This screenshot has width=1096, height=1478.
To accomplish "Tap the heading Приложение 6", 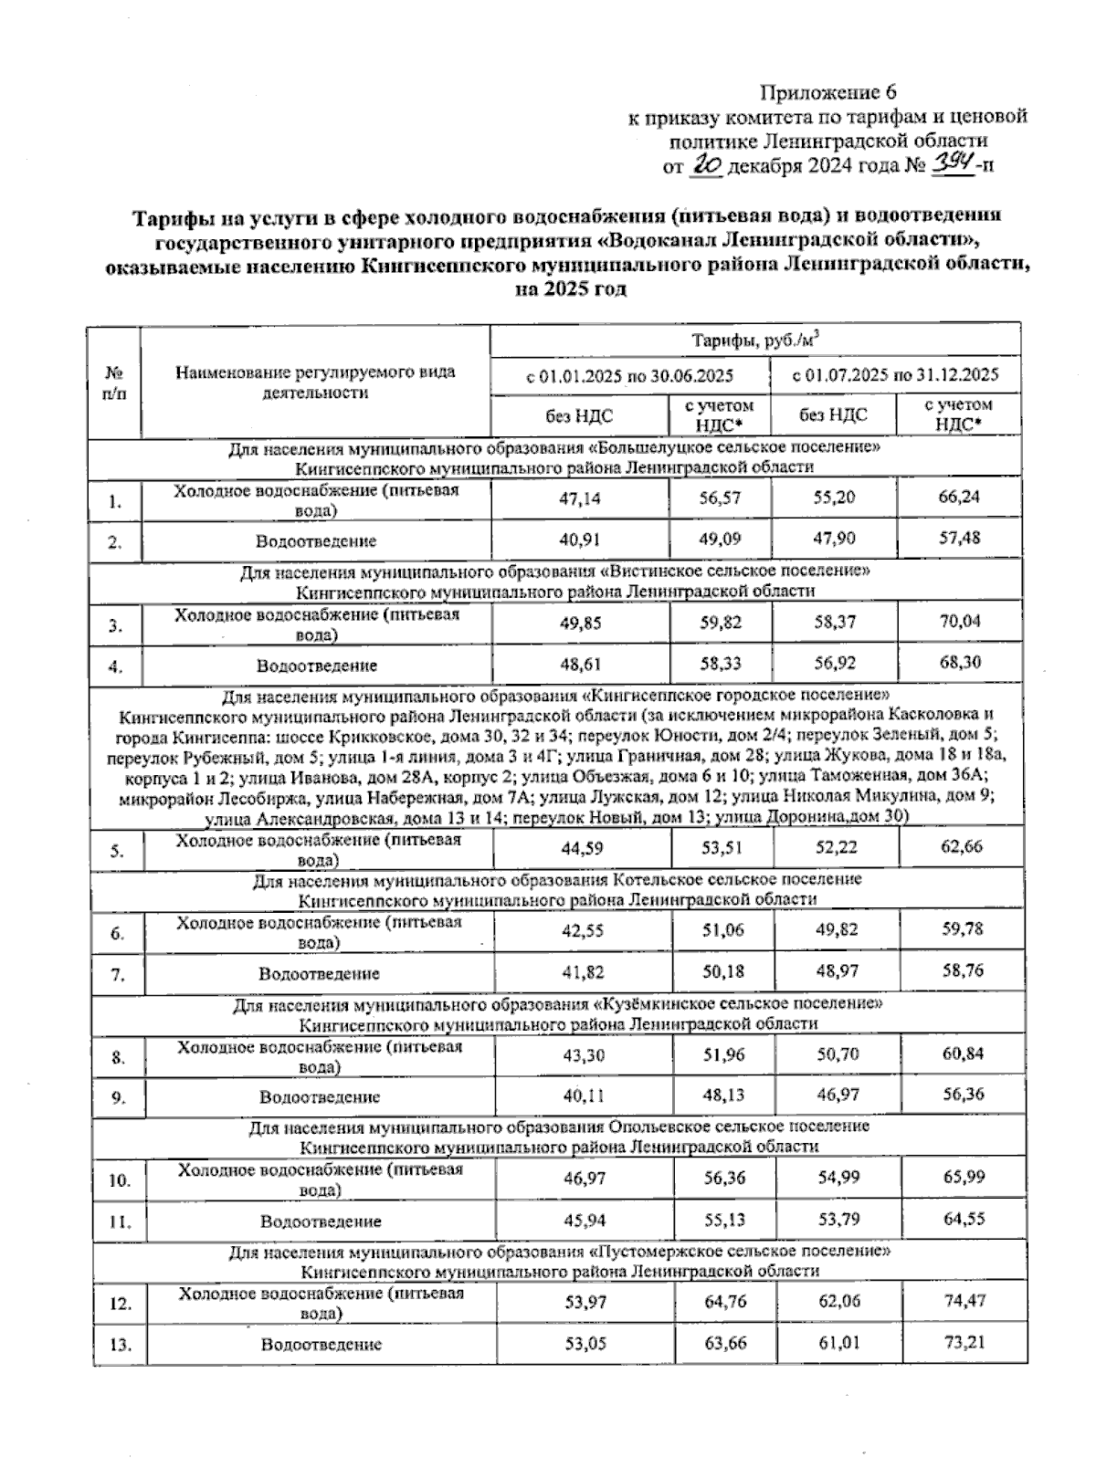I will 829,92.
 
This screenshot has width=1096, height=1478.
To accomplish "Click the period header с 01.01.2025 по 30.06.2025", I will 630,375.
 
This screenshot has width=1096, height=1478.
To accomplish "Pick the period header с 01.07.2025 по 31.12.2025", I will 894,375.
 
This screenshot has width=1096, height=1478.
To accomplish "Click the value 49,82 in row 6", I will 837,930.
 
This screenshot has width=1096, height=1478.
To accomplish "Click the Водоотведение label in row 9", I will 319,1097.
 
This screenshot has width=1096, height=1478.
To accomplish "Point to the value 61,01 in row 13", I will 838,1343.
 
